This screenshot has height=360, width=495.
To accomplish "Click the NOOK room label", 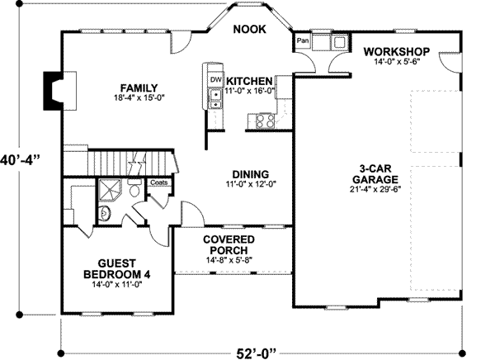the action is (249, 29).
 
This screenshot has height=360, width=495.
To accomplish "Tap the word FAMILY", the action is (139, 88).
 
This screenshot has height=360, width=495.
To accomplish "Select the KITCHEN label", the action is (249, 81).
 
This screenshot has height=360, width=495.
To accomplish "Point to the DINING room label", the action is (251, 174).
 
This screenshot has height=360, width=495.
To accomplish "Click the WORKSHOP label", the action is (397, 51).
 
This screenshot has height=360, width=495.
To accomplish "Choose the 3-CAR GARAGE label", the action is (375, 174).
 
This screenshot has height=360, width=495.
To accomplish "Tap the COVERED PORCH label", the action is (229, 245).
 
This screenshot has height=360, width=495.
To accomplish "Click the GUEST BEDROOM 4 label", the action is (117, 268).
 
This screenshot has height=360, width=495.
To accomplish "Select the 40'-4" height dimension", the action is (20, 160).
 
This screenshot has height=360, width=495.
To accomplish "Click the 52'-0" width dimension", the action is (256, 353).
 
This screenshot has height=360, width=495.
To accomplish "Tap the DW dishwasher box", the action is (216, 79).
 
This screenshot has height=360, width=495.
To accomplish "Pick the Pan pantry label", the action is (303, 40).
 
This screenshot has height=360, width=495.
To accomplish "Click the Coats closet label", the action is (158, 182).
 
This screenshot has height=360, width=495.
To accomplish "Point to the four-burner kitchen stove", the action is (265, 121).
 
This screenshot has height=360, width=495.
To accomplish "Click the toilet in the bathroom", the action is (134, 188).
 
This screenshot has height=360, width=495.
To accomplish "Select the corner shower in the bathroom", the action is (110, 190).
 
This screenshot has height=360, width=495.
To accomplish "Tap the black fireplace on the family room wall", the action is (52, 91).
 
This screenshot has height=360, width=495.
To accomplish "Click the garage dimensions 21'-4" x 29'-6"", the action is (375, 190).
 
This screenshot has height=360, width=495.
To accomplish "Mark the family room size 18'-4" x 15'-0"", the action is (139, 97).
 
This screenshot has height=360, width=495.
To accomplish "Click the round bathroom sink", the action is (104, 214).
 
